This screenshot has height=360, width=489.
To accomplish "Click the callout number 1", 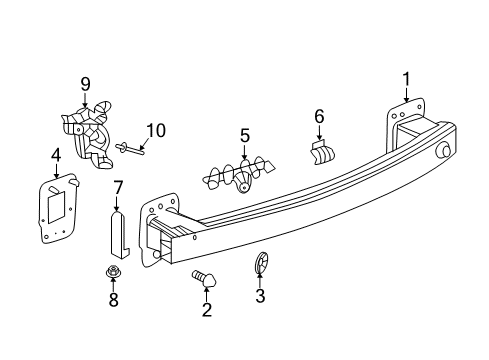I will [407, 79].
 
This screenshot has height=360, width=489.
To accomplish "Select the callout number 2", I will [207, 311].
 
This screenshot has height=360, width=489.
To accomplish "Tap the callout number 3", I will [260, 295].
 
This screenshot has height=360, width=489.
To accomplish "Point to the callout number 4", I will [56, 154].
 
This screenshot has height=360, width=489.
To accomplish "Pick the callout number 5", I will [244, 135].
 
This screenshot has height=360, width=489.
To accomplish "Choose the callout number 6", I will [319, 117].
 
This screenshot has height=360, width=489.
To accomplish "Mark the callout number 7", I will [117, 186].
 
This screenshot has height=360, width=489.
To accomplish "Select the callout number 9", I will [86, 84].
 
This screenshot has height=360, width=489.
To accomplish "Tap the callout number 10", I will [154, 129].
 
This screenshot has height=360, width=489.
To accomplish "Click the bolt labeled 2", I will [203, 279].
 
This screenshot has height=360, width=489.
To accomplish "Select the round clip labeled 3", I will [260, 264].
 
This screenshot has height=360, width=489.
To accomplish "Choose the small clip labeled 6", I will [322, 153].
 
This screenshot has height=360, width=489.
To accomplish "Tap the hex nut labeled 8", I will [112, 271].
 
